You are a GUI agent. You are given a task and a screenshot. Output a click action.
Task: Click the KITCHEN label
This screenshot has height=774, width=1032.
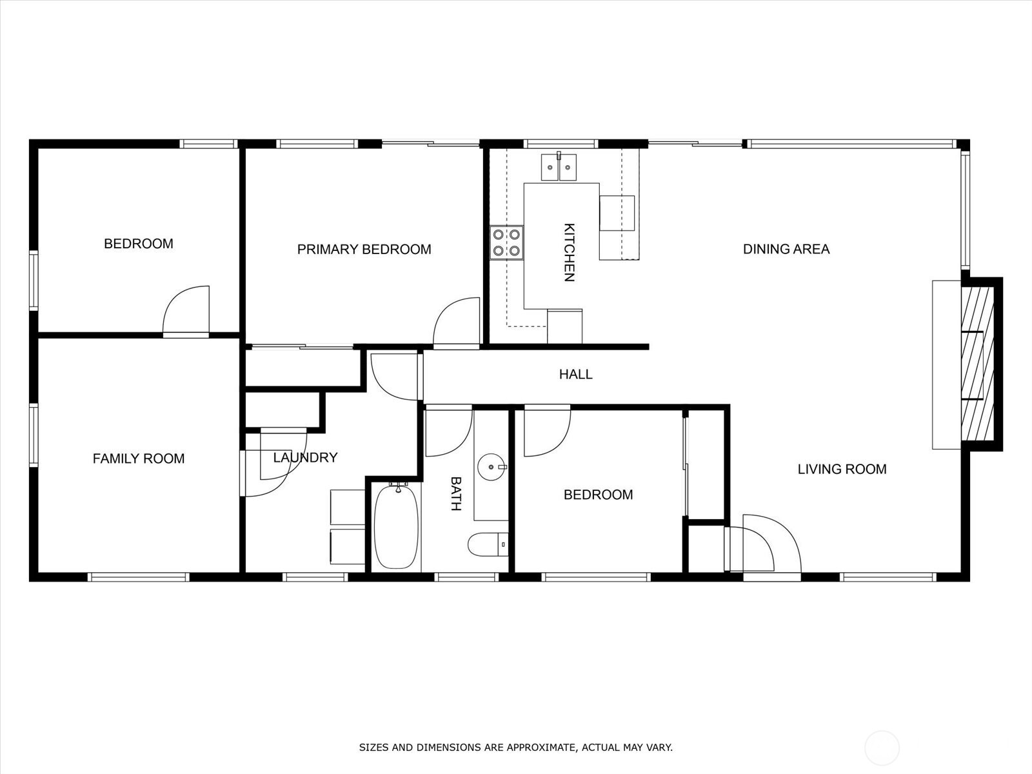569,252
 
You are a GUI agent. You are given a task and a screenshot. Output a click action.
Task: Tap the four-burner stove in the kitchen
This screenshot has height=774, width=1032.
506,243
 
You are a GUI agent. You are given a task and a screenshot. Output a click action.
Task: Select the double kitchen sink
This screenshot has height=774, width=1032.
558,167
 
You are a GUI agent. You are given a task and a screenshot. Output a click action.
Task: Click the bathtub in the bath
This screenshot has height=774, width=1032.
397,527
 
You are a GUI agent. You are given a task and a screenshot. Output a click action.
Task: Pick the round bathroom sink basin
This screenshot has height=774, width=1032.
492,466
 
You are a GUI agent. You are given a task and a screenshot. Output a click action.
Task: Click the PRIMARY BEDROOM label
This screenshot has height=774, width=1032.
364,250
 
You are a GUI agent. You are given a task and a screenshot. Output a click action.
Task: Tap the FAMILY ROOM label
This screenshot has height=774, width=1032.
139,459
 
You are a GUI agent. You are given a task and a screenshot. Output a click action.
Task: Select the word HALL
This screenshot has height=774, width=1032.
575,374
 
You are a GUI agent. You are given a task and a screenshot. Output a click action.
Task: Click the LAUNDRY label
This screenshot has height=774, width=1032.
305,457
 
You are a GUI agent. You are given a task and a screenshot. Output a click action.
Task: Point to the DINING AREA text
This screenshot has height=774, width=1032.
786,249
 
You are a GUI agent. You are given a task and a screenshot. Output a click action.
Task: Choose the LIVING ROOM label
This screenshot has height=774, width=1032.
842,470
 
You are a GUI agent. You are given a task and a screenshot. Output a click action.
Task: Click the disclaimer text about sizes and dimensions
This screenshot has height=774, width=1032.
515,748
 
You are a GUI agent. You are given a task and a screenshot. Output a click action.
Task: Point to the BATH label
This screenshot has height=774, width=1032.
455,493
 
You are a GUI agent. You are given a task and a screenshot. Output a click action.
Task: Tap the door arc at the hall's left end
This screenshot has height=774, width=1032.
394,377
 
